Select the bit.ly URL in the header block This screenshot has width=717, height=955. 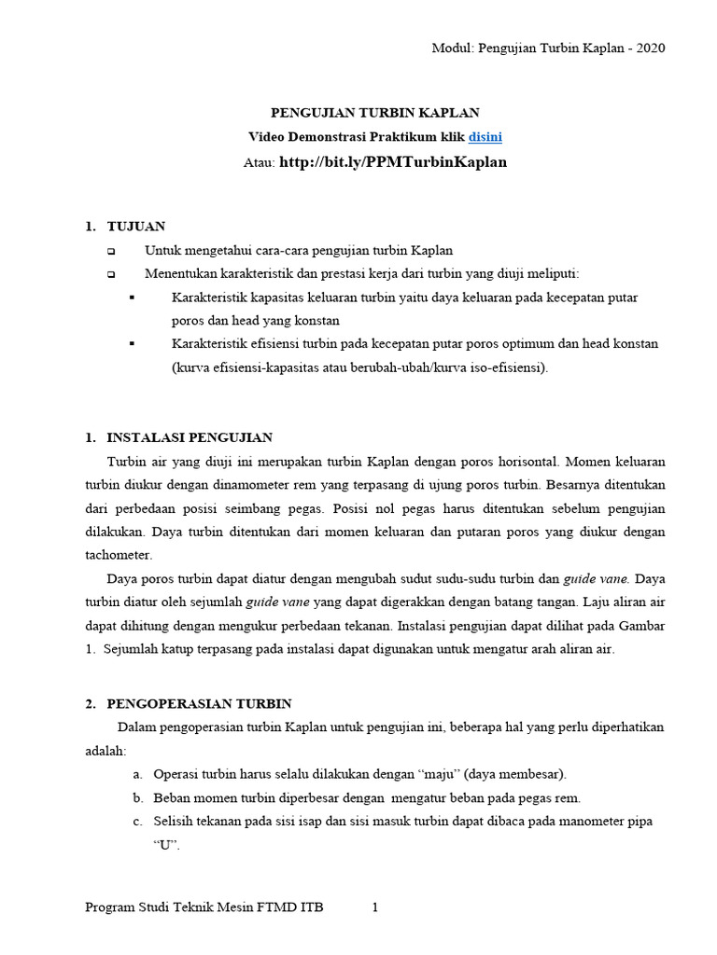click(x=393, y=161)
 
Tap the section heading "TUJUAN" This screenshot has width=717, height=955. click(x=136, y=227)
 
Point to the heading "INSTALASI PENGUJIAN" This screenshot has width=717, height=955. click(x=190, y=436)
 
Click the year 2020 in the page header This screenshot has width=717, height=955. click(x=649, y=48)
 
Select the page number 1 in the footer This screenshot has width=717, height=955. click(x=374, y=907)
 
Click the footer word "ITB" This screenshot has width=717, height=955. click(x=311, y=907)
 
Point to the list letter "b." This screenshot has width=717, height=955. click(x=137, y=797)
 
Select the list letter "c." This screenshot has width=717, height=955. click(x=137, y=821)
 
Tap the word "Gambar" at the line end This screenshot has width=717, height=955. click(x=642, y=625)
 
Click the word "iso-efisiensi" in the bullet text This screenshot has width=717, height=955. click(x=506, y=367)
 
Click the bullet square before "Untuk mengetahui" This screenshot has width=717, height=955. click(x=111, y=251)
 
